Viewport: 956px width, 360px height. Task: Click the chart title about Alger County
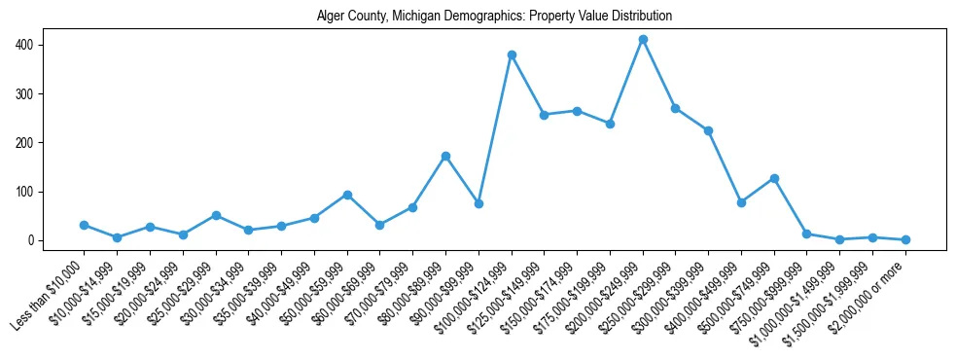(x=494, y=17)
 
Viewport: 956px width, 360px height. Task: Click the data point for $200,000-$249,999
(x=643, y=40)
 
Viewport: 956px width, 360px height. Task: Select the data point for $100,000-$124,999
(x=512, y=54)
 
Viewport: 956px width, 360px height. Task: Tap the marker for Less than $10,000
(x=84, y=225)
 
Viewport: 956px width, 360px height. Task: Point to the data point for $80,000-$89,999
(x=445, y=156)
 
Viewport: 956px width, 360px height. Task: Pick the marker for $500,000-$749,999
(x=774, y=178)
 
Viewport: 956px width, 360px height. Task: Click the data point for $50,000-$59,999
(x=347, y=195)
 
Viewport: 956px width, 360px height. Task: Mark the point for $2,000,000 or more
(x=905, y=239)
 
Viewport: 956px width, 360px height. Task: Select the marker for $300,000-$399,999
(x=708, y=130)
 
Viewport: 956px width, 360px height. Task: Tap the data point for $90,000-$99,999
(x=478, y=203)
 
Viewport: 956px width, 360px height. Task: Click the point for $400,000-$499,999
(x=741, y=202)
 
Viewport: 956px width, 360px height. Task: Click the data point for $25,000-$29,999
(x=216, y=215)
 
